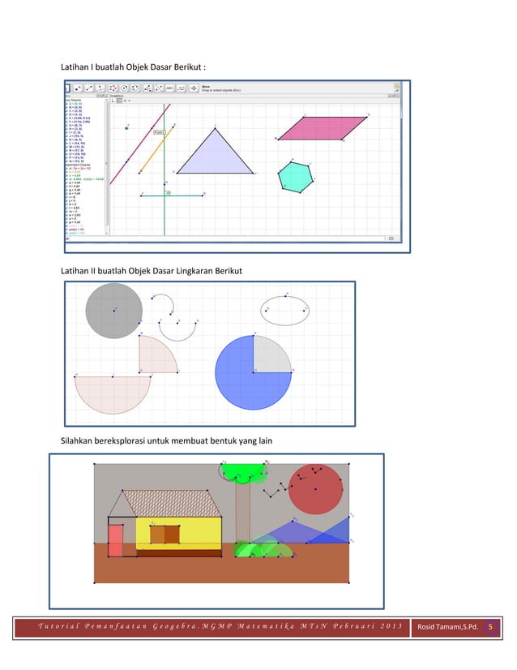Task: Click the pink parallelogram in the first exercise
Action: click(323, 127)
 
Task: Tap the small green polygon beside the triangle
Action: click(295, 176)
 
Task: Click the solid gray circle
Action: click(114, 311)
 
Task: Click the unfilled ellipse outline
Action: click(284, 310)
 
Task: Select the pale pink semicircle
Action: click(113, 391)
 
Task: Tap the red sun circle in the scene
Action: click(318, 488)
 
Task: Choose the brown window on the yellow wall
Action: click(164, 535)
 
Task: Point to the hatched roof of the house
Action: click(170, 504)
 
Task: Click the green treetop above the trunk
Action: click(242, 471)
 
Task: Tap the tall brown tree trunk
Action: click(242, 511)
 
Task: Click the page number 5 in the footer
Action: click(489, 626)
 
